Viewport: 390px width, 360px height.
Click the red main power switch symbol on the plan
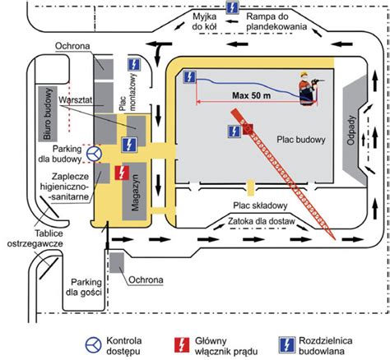122,173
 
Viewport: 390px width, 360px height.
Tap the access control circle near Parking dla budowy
94,154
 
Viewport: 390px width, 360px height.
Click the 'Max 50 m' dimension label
251,95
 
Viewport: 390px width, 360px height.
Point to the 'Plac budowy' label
301,140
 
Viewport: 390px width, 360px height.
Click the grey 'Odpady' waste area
355,131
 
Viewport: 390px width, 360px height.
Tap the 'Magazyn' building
134,192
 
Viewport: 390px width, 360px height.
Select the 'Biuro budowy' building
48,113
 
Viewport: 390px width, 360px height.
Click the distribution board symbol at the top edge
232,7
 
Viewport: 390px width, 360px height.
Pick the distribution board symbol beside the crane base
234,132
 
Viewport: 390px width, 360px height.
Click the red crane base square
248,129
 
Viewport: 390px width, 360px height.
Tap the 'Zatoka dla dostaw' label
262,221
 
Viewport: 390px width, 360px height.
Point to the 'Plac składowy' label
260,205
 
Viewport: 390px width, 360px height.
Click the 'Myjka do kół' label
204,21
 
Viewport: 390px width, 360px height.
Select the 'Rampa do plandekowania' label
276,21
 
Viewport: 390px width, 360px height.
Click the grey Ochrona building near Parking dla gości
117,263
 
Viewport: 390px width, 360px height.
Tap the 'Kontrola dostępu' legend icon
94,345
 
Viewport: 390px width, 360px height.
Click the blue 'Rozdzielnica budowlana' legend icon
287,345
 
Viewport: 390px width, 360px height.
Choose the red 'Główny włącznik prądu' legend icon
182,345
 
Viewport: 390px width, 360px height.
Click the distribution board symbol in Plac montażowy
134,65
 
